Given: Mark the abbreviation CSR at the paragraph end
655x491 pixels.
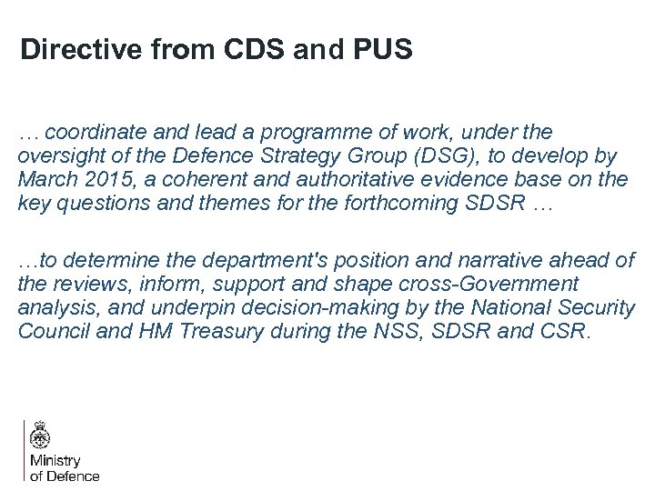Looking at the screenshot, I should point(565,331).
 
